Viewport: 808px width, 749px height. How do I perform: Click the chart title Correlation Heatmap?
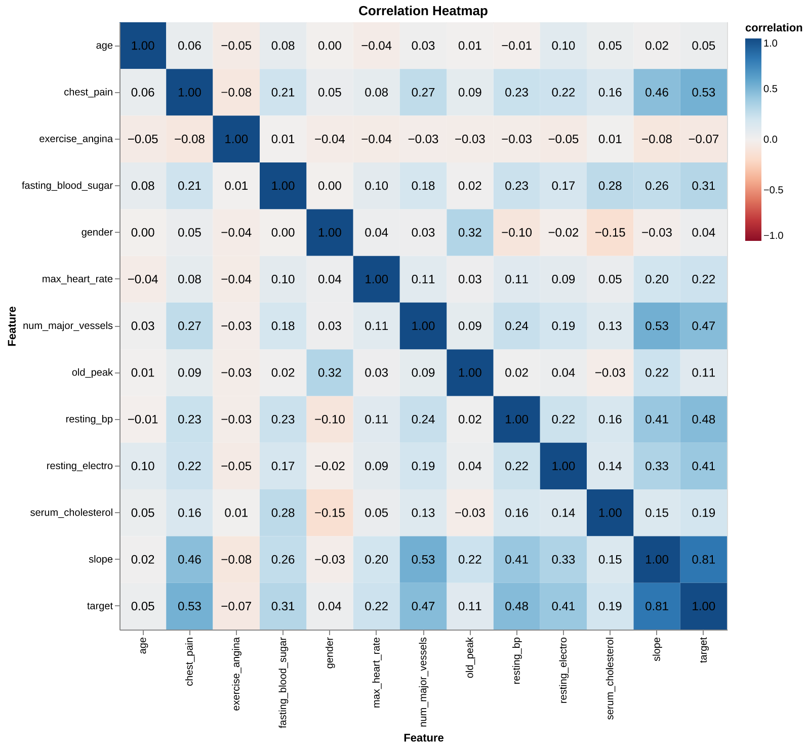point(423,11)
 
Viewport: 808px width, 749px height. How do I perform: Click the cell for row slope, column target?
point(704,559)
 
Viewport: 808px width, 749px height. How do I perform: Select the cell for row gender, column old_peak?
point(470,232)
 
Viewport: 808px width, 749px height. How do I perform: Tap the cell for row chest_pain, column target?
point(704,92)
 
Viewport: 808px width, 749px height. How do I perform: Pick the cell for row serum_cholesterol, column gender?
point(330,513)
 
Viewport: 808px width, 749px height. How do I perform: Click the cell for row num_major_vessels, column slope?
point(657,326)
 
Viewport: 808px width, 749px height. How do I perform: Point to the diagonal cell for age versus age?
point(143,46)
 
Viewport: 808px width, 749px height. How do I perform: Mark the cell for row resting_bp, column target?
point(704,419)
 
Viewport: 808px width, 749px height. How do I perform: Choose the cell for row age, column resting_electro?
point(563,46)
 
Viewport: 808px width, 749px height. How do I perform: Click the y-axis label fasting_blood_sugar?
point(67,186)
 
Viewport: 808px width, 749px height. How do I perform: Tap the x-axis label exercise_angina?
point(236,674)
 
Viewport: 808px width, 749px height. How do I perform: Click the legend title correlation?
point(774,28)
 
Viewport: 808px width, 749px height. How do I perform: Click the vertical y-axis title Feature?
point(12,326)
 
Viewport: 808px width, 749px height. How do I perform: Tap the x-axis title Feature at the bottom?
point(423,738)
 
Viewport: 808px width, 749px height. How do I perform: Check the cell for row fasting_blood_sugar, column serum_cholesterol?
point(610,186)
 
